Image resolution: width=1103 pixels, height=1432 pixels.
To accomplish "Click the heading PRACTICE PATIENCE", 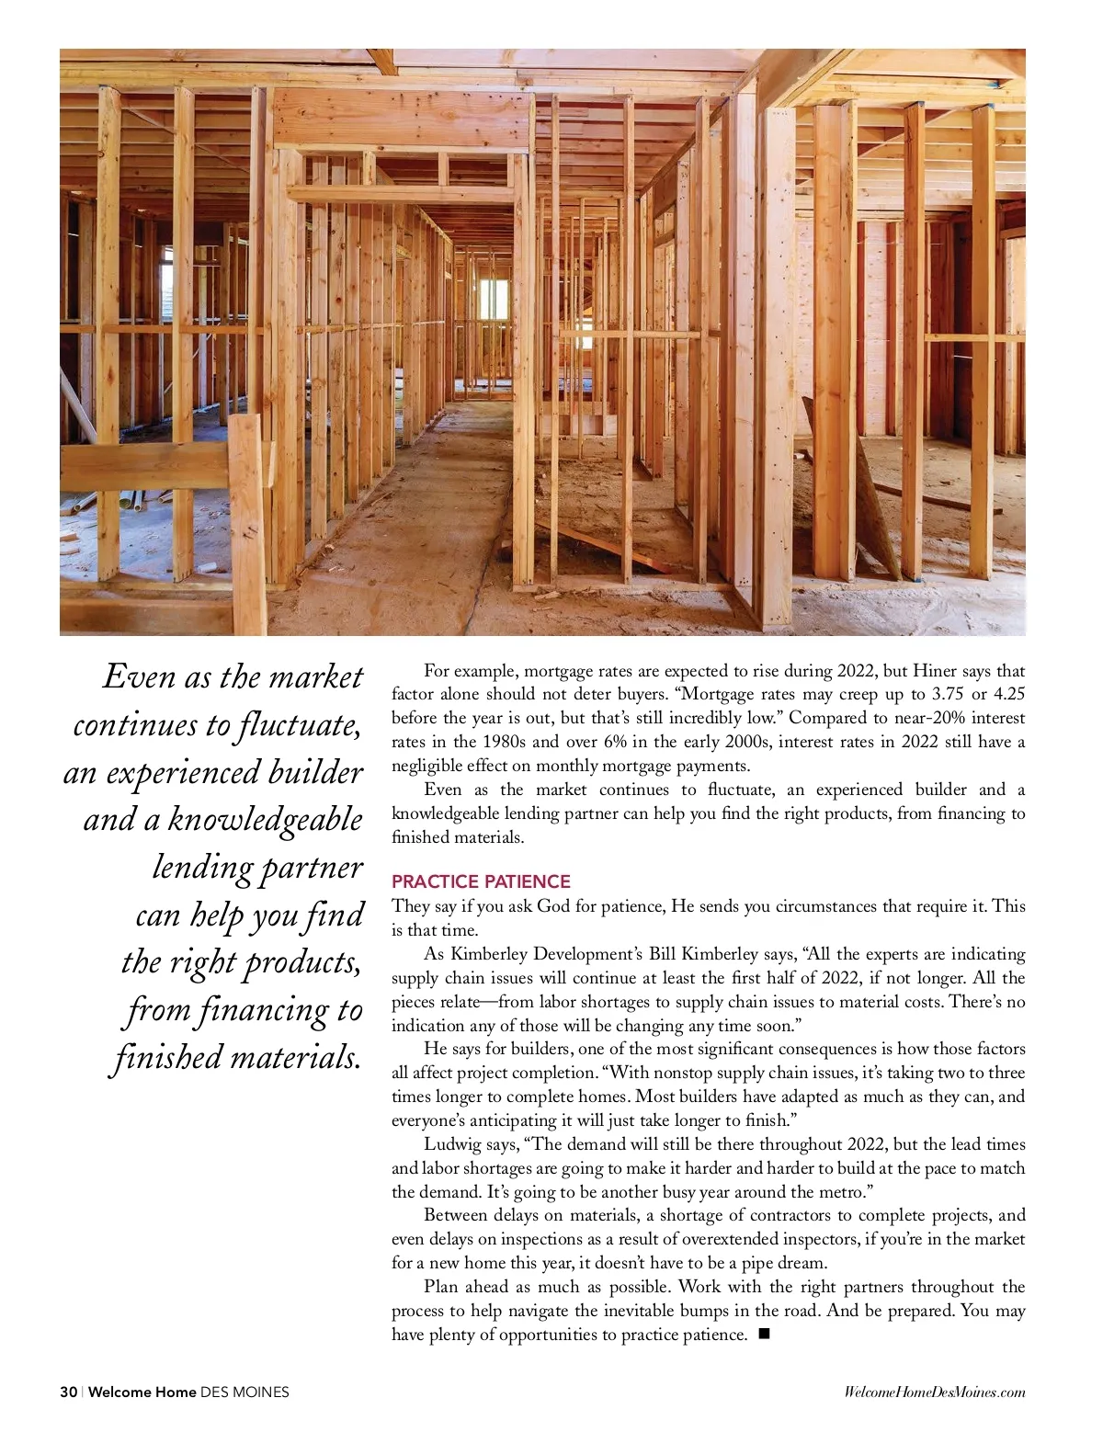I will click(x=481, y=881).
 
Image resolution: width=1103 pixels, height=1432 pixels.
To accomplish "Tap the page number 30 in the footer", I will click(x=68, y=1392).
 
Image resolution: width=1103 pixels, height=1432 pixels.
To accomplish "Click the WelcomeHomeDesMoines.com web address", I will click(x=934, y=1392).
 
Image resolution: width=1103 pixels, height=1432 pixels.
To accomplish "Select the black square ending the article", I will click(x=763, y=1334).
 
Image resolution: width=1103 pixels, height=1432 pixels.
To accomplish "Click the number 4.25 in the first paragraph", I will click(x=1009, y=694).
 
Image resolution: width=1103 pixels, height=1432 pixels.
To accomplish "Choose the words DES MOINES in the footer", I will click(x=244, y=1392).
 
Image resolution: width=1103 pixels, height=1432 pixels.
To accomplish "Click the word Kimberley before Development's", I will click(x=489, y=954).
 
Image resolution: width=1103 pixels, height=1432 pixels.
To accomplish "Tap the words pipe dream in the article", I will click(x=784, y=1262).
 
